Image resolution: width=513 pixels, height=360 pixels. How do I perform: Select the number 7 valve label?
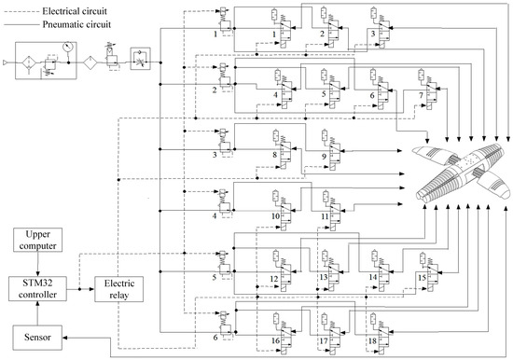click(420, 95)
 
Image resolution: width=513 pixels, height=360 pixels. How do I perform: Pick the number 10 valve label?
click(276, 216)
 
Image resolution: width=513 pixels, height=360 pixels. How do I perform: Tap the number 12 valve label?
click(276, 279)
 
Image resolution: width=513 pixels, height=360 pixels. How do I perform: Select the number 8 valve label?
click(276, 156)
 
